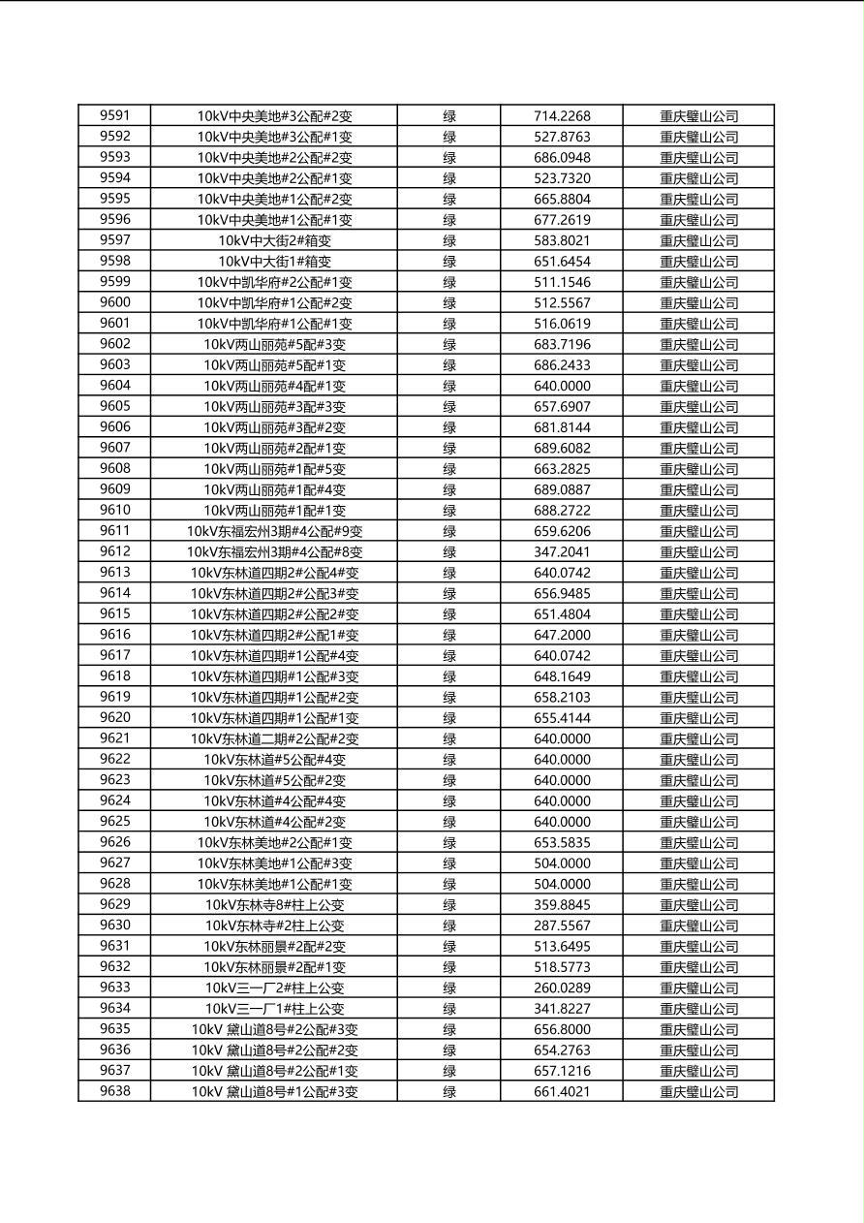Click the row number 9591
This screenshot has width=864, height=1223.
pyautogui.click(x=114, y=115)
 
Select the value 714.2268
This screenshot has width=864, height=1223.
pyautogui.click(x=562, y=116)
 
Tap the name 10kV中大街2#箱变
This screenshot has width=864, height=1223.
pyautogui.click(x=274, y=240)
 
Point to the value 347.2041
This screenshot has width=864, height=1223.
pyautogui.click(x=562, y=551)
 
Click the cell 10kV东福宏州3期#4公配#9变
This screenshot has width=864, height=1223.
pyautogui.click(x=274, y=531)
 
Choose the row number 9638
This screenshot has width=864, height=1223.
pyautogui.click(x=114, y=1091)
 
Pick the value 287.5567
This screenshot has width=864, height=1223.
pyautogui.click(x=562, y=925)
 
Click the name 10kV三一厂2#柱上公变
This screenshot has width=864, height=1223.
pyautogui.click(x=274, y=988)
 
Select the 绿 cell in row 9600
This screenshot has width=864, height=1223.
pyautogui.click(x=449, y=302)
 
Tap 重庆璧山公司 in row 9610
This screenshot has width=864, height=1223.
pyautogui.click(x=698, y=511)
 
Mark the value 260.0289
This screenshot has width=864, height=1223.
pyautogui.click(x=562, y=988)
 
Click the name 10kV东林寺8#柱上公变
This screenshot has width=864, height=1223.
pyautogui.click(x=274, y=905)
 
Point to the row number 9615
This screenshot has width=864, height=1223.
pyautogui.click(x=114, y=613)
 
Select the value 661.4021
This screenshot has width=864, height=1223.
pyautogui.click(x=562, y=1091)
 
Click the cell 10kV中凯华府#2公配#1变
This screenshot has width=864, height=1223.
pyautogui.click(x=274, y=282)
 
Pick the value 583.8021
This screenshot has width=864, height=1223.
pyautogui.click(x=562, y=240)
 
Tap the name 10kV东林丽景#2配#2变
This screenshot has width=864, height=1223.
pyautogui.click(x=274, y=946)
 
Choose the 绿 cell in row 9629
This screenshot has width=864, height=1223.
pyautogui.click(x=449, y=905)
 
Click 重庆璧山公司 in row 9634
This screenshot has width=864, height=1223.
pyautogui.click(x=698, y=1009)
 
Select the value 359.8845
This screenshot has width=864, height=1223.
pyautogui.click(x=562, y=905)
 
